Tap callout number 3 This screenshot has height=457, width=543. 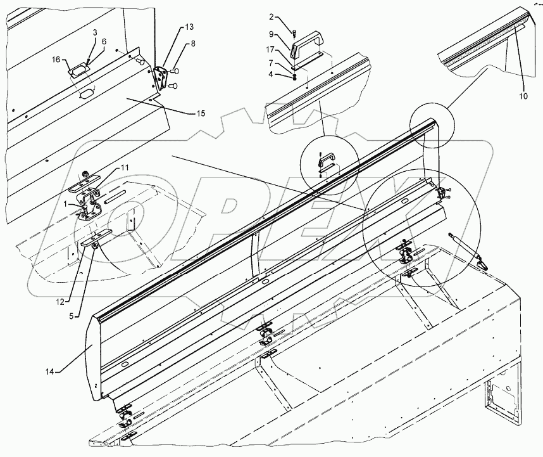click(94, 31)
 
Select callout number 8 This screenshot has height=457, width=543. click(193, 44)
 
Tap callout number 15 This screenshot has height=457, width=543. click(200, 113)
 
